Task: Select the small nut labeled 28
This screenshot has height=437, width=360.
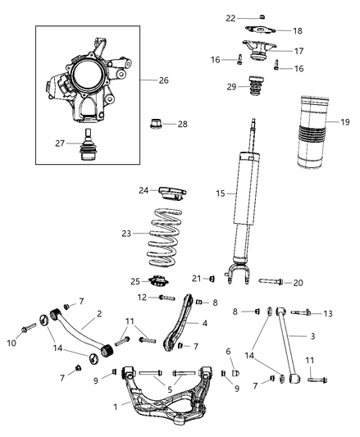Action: (x=155, y=125)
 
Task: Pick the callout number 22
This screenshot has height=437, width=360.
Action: (x=231, y=17)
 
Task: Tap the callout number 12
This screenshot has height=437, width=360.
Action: (x=141, y=297)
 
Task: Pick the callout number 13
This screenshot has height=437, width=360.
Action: (x=328, y=313)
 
